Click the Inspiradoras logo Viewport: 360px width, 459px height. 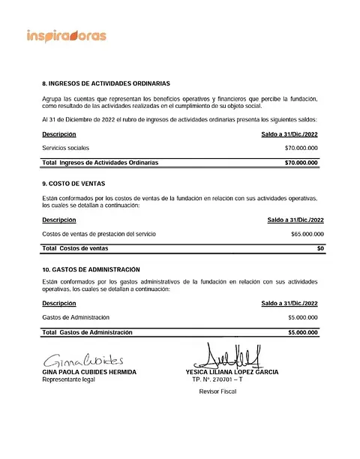coord(67,35)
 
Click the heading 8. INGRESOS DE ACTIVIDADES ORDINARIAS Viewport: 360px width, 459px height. coord(106,83)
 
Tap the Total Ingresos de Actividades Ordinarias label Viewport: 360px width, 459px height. coord(100,162)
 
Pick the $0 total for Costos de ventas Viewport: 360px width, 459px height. coord(320,247)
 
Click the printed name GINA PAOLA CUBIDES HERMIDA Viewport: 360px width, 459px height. coord(89,372)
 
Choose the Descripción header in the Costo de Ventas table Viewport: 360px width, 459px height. coord(59,220)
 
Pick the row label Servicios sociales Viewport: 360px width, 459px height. coord(70,148)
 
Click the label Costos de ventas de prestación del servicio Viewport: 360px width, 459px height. coord(99,234)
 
